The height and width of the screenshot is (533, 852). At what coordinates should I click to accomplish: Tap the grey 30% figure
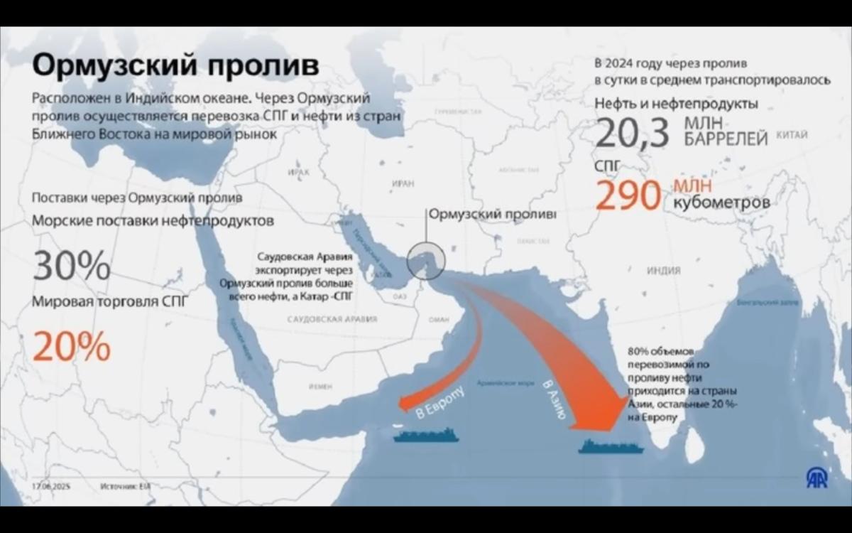click(x=72, y=266)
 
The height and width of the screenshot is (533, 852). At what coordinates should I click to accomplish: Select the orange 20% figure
click(x=72, y=347)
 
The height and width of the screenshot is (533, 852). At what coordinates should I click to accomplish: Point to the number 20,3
click(x=633, y=133)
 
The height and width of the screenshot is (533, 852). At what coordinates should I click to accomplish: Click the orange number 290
click(x=628, y=195)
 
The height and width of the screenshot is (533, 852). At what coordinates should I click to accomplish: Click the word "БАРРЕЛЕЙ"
click(x=726, y=140)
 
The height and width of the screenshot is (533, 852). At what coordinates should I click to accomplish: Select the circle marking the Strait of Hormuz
click(x=425, y=259)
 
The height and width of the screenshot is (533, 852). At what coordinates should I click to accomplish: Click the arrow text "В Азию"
click(x=552, y=399)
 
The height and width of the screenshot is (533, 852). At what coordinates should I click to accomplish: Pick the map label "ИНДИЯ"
click(x=663, y=271)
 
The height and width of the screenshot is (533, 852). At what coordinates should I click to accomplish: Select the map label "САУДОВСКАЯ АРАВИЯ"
click(x=332, y=320)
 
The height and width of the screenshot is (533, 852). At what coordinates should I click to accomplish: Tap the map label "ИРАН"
click(x=402, y=183)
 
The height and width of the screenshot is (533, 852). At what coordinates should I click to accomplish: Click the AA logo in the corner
click(x=816, y=478)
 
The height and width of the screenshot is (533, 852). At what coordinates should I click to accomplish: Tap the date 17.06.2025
click(x=51, y=487)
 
